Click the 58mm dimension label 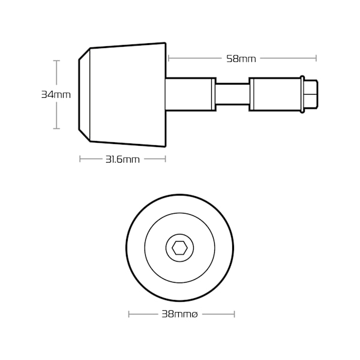pos(241,59)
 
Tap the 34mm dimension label pos(56,95)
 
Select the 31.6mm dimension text pos(122,160)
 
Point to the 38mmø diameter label pos(179,314)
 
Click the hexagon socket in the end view pos(180,248)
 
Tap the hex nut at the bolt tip pos(311,94)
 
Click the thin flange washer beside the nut pos(302,94)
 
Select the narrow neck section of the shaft pos(232,94)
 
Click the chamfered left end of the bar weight pos(84,95)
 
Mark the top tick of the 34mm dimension pos(56,61)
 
